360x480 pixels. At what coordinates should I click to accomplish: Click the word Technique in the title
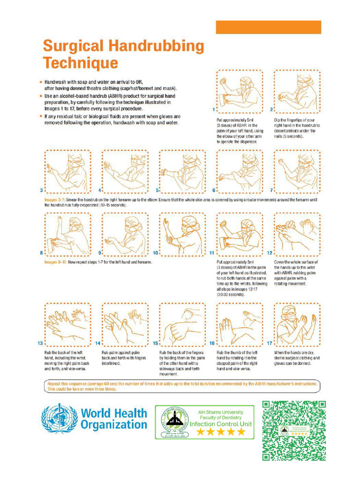pos(81,62)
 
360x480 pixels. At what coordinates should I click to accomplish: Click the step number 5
pos(157,191)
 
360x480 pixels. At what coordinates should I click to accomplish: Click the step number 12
pos(270,253)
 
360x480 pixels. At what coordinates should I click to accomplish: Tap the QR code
pos(293,430)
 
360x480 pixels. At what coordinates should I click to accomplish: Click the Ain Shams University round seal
pos(173,421)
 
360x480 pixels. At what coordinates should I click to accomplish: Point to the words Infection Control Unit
pos(221,424)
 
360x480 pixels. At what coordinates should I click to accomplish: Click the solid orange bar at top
pos(268,27)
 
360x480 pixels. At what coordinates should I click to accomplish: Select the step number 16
pos(212,343)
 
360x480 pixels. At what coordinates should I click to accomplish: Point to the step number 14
pos(97,343)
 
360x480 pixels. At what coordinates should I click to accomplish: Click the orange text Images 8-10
pos(56,262)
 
